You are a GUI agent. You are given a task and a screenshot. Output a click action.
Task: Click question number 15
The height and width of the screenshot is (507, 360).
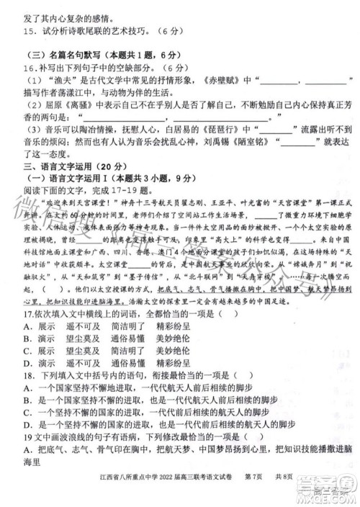(30, 31)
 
